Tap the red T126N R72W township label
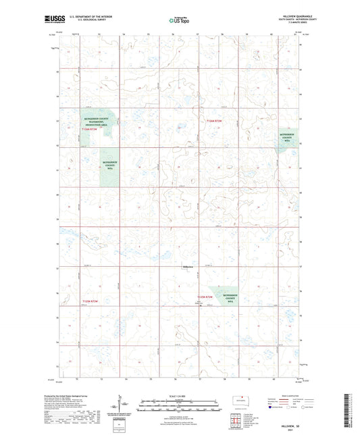pos(213,121)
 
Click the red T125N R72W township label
pos(205,297)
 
